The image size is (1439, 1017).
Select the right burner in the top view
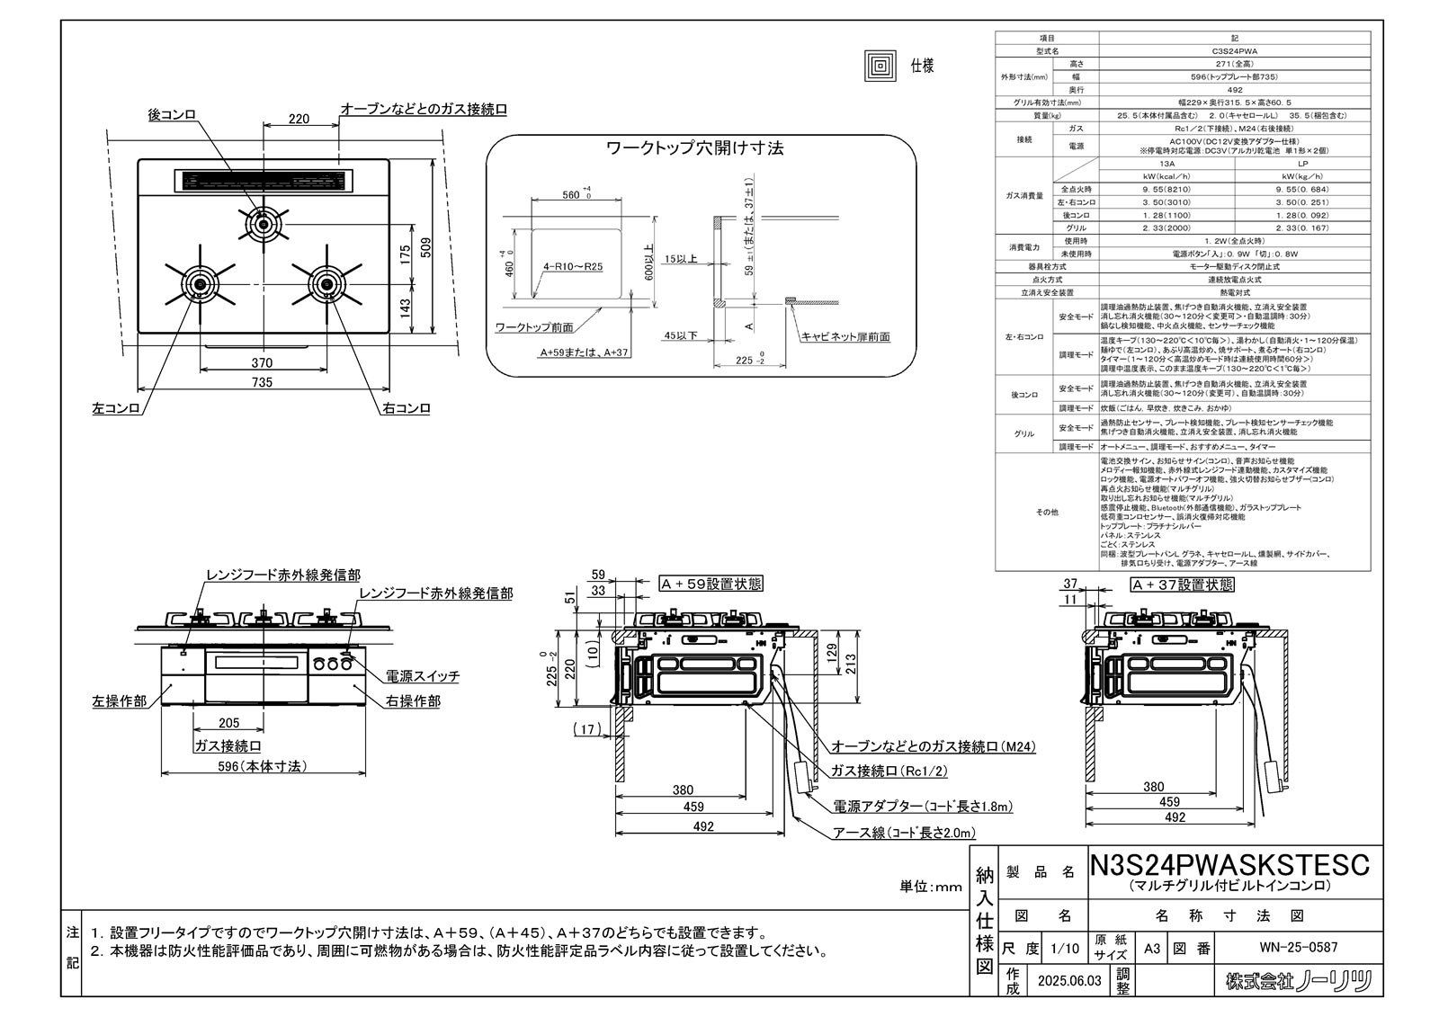pyautogui.click(x=325, y=284)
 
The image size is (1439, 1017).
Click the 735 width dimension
pyautogui.click(x=262, y=382)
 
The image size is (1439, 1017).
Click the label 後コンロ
pyautogui.click(x=171, y=115)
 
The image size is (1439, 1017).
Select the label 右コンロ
pyautogui.click(x=406, y=408)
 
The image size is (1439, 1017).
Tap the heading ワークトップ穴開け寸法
pyautogui.click(x=694, y=147)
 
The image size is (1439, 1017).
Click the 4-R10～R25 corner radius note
pyautogui.click(x=573, y=267)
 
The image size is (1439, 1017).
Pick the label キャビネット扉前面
pyautogui.click(x=845, y=336)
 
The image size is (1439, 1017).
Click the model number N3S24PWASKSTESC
pyautogui.click(x=1229, y=865)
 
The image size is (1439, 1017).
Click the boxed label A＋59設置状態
pyautogui.click(x=711, y=584)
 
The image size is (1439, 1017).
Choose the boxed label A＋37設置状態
pyautogui.click(x=1182, y=584)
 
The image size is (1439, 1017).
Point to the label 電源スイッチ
pyautogui.click(x=423, y=675)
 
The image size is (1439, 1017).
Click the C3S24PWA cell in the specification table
pyautogui.click(x=1234, y=53)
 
